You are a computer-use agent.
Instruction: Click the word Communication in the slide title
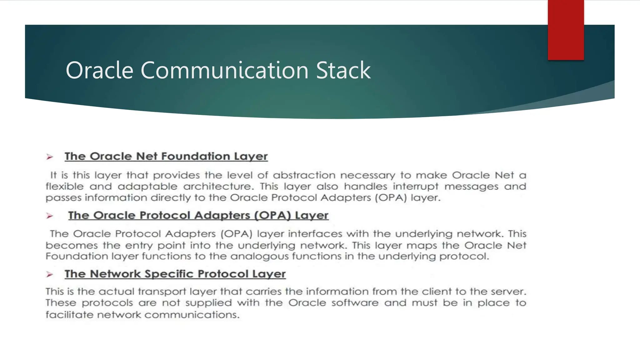pyautogui.click(x=225, y=70)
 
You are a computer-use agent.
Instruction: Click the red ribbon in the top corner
pyautogui.click(x=566, y=30)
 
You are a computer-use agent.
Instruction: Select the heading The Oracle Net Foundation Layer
pyautogui.click(x=166, y=156)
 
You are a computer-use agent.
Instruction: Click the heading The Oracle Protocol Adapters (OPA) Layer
pyautogui.click(x=198, y=215)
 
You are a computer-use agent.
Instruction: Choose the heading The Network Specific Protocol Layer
pyautogui.click(x=175, y=274)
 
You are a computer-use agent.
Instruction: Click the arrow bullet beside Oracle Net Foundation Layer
pyautogui.click(x=50, y=157)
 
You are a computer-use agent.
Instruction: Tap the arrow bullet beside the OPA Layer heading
pyautogui.click(x=50, y=216)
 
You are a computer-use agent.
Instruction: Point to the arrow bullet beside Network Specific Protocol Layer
pyautogui.click(x=50, y=274)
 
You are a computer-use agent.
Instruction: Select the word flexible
pyautogui.click(x=65, y=187)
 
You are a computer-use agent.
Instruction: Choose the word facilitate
pyautogui.click(x=69, y=314)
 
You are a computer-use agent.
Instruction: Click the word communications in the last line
pyautogui.click(x=192, y=314)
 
